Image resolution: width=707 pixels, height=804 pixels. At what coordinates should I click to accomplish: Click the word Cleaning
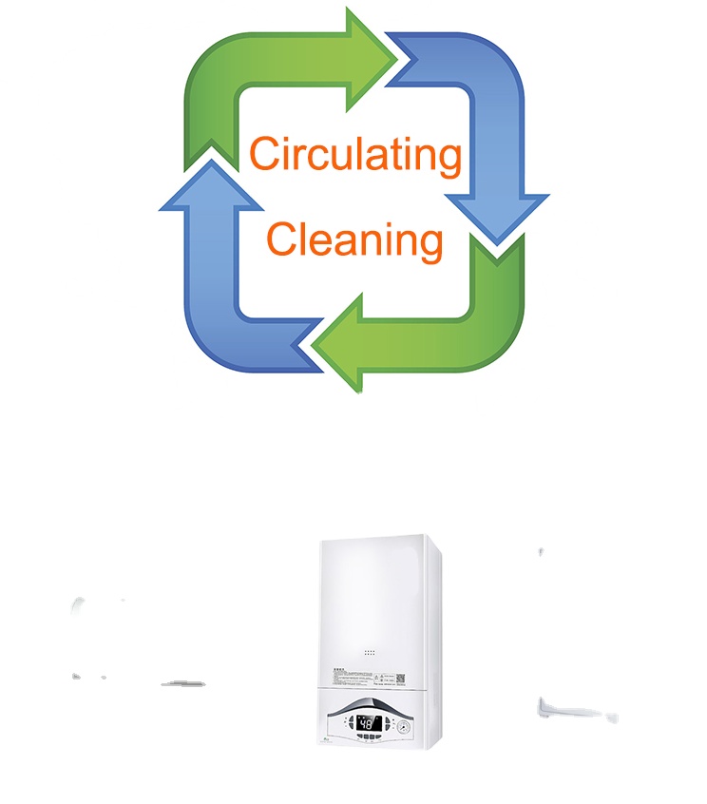354,239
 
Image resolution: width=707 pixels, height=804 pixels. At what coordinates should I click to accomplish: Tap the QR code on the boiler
400,678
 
